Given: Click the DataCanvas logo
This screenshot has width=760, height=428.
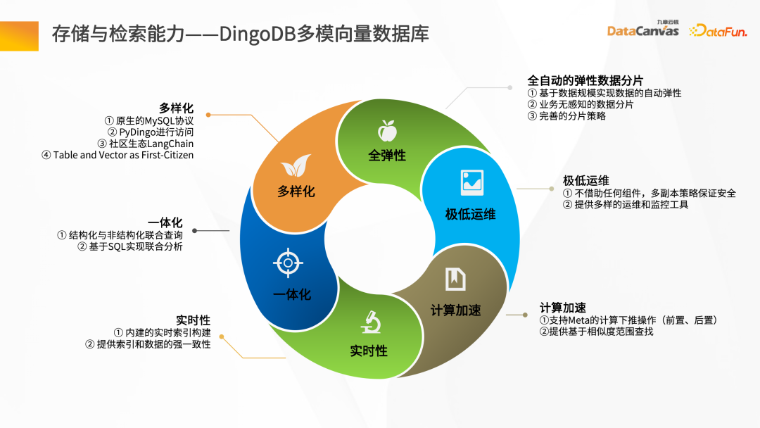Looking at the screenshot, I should point(642,30).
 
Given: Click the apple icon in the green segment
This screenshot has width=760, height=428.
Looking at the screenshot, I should point(386,130).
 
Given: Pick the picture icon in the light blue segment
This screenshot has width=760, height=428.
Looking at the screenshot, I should point(471,182).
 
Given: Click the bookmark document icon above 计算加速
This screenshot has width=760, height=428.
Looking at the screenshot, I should point(455,279).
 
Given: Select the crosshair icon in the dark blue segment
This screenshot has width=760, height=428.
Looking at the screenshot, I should point(287,263).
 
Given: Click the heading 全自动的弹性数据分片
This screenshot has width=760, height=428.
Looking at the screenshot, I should point(585,80).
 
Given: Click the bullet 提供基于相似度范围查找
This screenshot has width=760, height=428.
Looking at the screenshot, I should point(596,331).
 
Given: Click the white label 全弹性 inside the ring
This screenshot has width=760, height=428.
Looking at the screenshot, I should point(387,155).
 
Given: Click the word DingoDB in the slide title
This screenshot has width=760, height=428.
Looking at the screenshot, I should point(257,33).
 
